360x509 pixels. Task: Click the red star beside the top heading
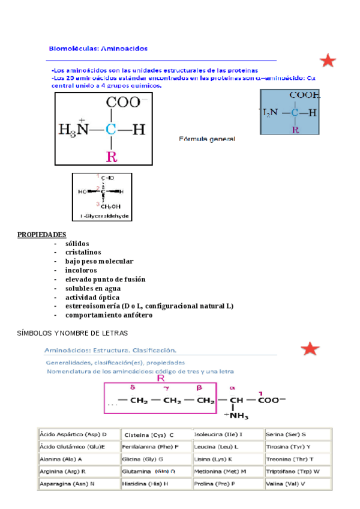click(328, 61)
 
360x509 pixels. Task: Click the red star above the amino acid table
click(310, 349)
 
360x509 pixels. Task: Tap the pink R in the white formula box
click(111, 157)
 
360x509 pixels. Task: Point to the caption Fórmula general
click(208, 139)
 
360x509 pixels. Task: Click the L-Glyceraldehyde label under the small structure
click(101, 215)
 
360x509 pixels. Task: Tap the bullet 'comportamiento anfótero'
click(109, 315)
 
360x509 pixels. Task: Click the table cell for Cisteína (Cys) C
click(149, 435)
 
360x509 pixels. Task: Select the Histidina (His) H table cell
click(145, 483)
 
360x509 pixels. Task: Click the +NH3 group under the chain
click(235, 415)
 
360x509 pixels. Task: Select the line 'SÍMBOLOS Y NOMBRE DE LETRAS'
click(73, 333)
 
